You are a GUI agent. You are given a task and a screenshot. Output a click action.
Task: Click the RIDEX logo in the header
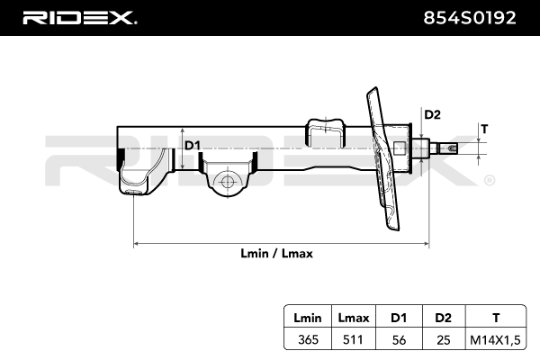tap(78, 17)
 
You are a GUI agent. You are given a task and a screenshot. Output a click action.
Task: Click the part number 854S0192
tap(471, 17)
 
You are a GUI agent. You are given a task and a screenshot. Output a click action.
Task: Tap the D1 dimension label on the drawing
tap(192, 145)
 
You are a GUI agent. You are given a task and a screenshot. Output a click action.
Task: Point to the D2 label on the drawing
tap(432, 114)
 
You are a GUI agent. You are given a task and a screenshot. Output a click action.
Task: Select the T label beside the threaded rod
tap(483, 129)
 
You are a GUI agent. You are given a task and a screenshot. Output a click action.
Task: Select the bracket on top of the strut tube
tap(326, 130)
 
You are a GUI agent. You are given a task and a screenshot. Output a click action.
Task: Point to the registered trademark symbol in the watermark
tap(489, 182)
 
